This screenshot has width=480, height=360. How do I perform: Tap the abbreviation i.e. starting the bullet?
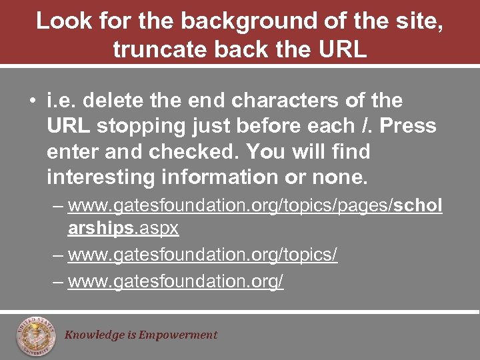tap(61, 100)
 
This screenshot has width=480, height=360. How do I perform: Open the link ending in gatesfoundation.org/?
tap(176, 281)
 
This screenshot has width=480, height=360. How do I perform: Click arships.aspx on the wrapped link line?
tap(123, 228)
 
